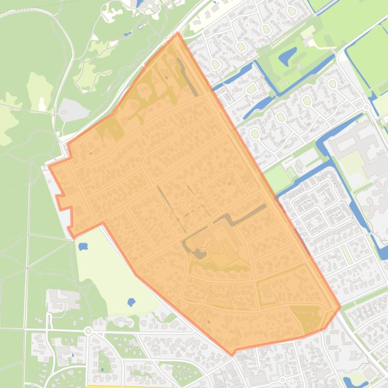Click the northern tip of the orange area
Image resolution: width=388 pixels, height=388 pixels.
click(x=178, y=33)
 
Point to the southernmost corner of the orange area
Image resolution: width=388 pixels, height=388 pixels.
click(x=233, y=355)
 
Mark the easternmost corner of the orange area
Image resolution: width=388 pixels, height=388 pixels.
click(x=340, y=306)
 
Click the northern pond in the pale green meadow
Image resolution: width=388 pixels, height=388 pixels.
click(x=83, y=247)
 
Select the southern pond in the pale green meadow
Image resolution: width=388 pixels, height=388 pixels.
click(x=131, y=302)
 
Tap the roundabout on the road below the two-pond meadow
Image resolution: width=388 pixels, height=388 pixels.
click(x=88, y=331)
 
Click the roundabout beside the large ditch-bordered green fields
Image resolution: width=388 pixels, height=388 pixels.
click(x=366, y=106)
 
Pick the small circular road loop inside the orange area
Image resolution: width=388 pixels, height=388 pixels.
click(x=184, y=203)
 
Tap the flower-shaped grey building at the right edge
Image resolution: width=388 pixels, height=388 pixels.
click(x=376, y=202)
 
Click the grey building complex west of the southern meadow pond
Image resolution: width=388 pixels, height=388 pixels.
click(x=63, y=300)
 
